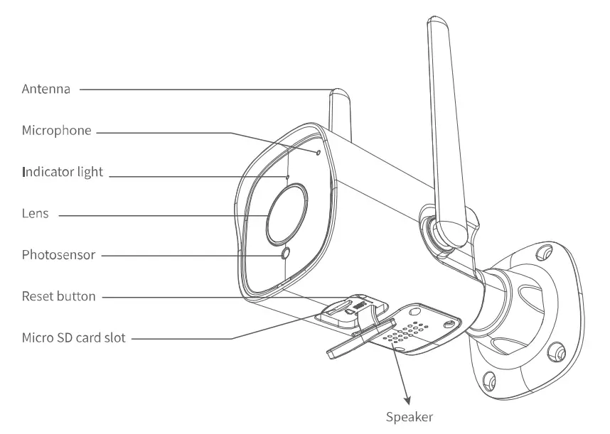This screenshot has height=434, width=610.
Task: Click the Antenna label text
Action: [x=46, y=89]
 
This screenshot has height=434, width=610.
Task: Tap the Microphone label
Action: [x=57, y=131]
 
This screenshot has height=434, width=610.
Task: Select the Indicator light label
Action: [x=63, y=172]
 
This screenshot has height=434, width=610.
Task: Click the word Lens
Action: [x=35, y=212]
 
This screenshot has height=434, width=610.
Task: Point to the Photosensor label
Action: [x=58, y=254]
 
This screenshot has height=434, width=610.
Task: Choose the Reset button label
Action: [x=58, y=295]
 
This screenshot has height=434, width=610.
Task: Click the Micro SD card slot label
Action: [x=74, y=337]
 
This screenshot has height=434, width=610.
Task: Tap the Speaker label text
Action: [x=409, y=417]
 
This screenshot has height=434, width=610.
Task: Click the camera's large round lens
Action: [x=287, y=212]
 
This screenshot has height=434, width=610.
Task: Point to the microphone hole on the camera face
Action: [x=317, y=151]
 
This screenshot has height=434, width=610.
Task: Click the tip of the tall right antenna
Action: [x=439, y=21]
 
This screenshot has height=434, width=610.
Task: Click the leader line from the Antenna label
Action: [x=206, y=89]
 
